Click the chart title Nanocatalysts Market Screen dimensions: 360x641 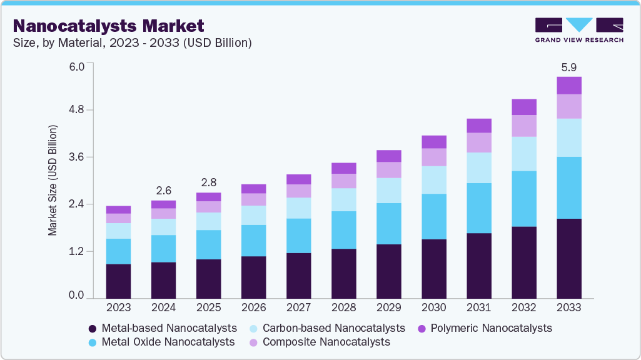(x=108, y=26)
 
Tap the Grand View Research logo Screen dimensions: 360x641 (x=578, y=29)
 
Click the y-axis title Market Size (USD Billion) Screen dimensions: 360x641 (x=53, y=181)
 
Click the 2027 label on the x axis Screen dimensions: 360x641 (x=299, y=308)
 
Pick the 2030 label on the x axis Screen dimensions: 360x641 (x=434, y=308)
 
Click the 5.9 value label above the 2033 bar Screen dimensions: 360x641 (x=569, y=67)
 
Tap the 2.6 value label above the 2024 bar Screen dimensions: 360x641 (x=163, y=191)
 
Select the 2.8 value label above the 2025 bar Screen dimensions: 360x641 (x=208, y=182)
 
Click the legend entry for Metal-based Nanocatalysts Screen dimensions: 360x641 (x=163, y=328)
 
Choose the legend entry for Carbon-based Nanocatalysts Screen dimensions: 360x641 (x=327, y=328)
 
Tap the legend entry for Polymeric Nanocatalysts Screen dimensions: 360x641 (x=484, y=328)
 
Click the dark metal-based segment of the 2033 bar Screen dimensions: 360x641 (x=569, y=258)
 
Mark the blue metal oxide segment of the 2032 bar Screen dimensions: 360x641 (x=524, y=199)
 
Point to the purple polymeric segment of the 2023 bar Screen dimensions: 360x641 (x=118, y=209)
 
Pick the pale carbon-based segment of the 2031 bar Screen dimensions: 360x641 (x=479, y=167)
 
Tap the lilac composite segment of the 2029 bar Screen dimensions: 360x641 (x=389, y=170)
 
